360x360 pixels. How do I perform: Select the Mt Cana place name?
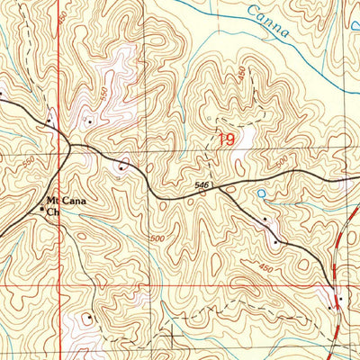64,202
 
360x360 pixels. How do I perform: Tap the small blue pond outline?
261,193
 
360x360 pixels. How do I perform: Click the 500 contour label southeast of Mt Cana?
158,236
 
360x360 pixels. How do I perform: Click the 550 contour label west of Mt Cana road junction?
28,161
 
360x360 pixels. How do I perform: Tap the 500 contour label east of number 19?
282,161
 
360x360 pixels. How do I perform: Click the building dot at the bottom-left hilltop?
89,317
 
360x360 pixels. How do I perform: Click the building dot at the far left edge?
2,91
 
